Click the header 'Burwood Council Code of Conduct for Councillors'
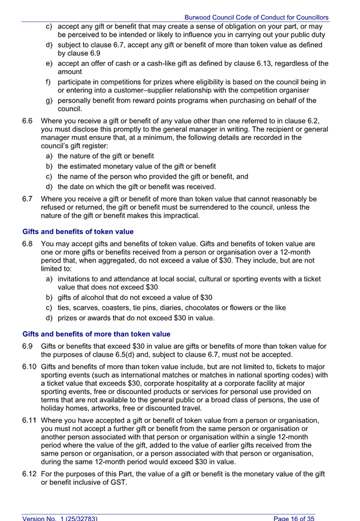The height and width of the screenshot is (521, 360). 256,18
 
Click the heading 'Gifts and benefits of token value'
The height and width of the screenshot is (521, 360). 78,231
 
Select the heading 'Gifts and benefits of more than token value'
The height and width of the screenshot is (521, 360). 96,333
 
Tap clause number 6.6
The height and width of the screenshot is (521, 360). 29,121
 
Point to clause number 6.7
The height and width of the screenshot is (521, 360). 29,199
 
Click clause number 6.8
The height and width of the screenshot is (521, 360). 29,243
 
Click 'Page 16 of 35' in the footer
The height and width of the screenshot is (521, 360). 294,518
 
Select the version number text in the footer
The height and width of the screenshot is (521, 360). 60,518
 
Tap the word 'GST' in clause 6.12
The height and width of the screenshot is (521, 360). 117,482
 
